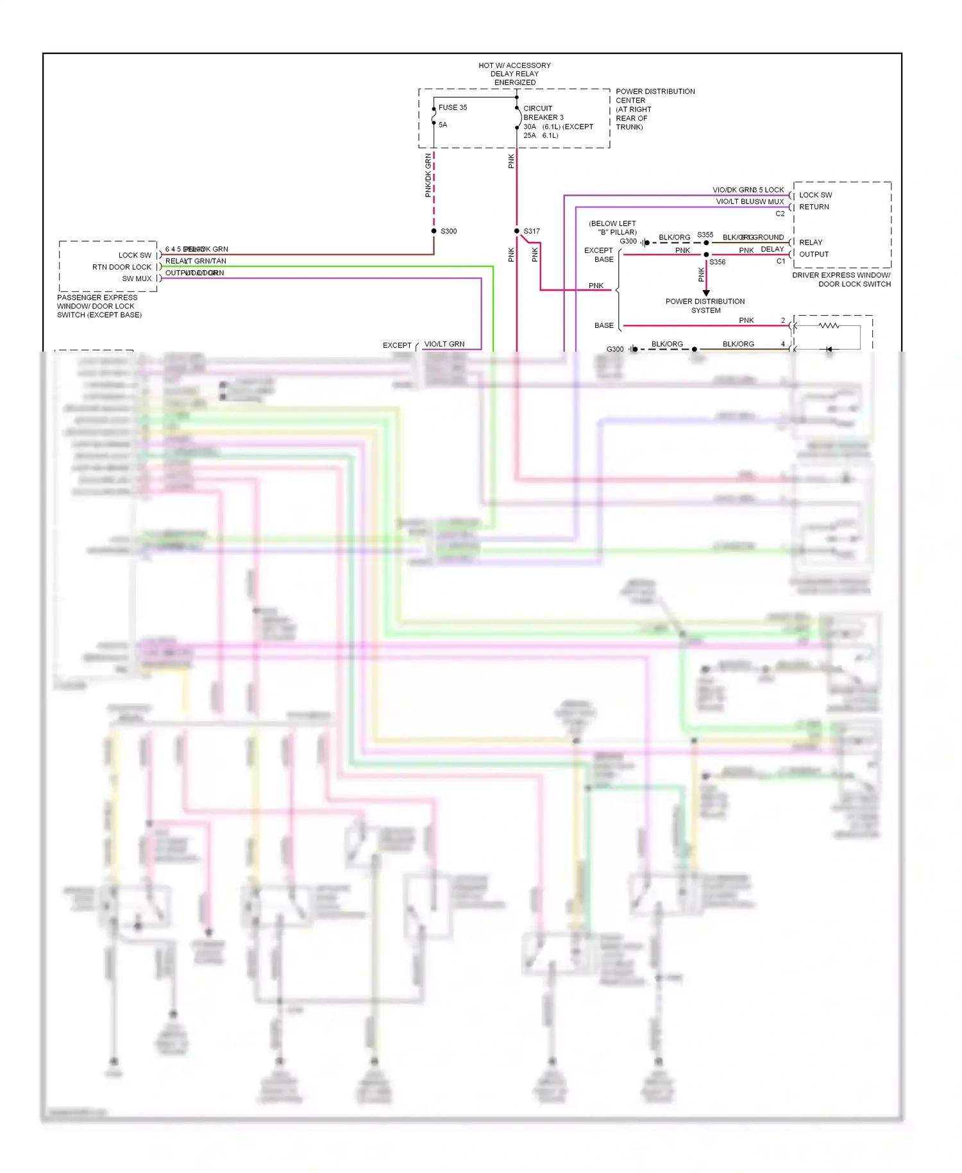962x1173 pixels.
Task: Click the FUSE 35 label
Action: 452,107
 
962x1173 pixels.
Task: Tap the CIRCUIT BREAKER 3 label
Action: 543,113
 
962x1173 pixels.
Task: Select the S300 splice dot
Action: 434,231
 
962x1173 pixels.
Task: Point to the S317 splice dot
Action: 517,231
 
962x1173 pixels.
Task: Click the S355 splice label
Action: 705,235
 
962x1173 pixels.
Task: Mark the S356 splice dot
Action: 706,255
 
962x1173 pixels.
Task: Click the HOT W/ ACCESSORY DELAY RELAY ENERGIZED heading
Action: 514,74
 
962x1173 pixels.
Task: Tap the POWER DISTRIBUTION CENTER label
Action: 654,96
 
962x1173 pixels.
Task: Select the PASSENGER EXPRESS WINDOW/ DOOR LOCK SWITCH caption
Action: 99,306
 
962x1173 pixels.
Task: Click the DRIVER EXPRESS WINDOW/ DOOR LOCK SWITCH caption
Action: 841,279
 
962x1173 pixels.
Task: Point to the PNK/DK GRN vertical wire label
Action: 428,175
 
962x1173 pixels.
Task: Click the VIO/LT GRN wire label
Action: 444,344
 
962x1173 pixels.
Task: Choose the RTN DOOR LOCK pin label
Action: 122,267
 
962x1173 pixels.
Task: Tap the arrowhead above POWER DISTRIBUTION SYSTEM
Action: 706,293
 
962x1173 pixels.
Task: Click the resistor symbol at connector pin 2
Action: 829,326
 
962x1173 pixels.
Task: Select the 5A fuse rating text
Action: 443,124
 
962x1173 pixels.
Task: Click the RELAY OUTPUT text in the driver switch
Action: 813,248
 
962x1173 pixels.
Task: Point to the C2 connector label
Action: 780,214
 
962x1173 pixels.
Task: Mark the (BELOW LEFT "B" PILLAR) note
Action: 612,228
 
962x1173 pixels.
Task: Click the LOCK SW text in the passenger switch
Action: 135,255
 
